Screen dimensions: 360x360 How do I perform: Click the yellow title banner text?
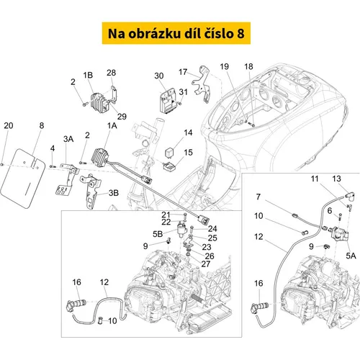click(176, 33)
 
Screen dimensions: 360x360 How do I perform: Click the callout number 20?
click(9, 125)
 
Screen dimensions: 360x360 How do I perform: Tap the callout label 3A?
click(68, 139)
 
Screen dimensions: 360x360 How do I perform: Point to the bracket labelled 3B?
click(91, 192)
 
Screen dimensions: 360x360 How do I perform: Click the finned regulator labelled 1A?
click(100, 156)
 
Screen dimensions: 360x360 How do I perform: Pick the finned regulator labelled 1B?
click(99, 103)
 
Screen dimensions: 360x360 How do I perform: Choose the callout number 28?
click(111, 73)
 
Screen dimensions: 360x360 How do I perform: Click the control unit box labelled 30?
click(168, 101)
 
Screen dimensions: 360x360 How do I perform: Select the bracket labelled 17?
click(202, 84)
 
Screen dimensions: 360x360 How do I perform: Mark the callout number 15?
click(188, 153)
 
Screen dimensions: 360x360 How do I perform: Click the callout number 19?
click(225, 66)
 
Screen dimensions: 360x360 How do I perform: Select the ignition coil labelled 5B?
click(181, 230)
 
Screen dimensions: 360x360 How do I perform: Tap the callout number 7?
click(258, 197)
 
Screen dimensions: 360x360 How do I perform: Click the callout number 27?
click(206, 264)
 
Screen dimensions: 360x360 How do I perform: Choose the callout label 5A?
click(351, 256)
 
